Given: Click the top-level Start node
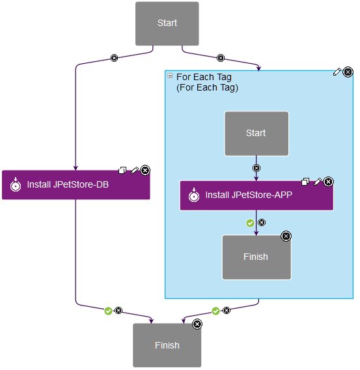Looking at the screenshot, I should click(167, 23).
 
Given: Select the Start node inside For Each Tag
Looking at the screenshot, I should click(256, 134).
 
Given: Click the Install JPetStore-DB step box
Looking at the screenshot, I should click(76, 185).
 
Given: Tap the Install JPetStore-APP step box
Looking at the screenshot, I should click(256, 195).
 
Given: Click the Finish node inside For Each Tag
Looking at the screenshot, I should click(255, 257).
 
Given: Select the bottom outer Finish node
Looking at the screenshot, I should click(167, 345).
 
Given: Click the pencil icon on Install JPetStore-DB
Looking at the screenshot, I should click(134, 170).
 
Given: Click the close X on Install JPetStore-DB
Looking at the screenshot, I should click(145, 170).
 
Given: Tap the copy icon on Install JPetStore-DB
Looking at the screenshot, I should click(122, 170).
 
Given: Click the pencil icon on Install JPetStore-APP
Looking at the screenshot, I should click(318, 182).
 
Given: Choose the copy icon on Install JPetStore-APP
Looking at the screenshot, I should click(305, 182).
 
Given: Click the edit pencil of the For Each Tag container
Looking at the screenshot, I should click(337, 72).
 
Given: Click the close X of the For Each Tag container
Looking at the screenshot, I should click(348, 72).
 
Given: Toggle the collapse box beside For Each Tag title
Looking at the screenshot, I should click(171, 76).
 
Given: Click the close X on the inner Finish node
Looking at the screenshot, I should click(286, 236).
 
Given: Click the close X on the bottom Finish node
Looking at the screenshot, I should click(197, 324).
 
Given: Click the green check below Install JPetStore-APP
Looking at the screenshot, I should click(250, 223).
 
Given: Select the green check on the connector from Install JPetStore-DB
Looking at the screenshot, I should click(108, 311).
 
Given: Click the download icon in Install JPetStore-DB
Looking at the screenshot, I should click(15, 185).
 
